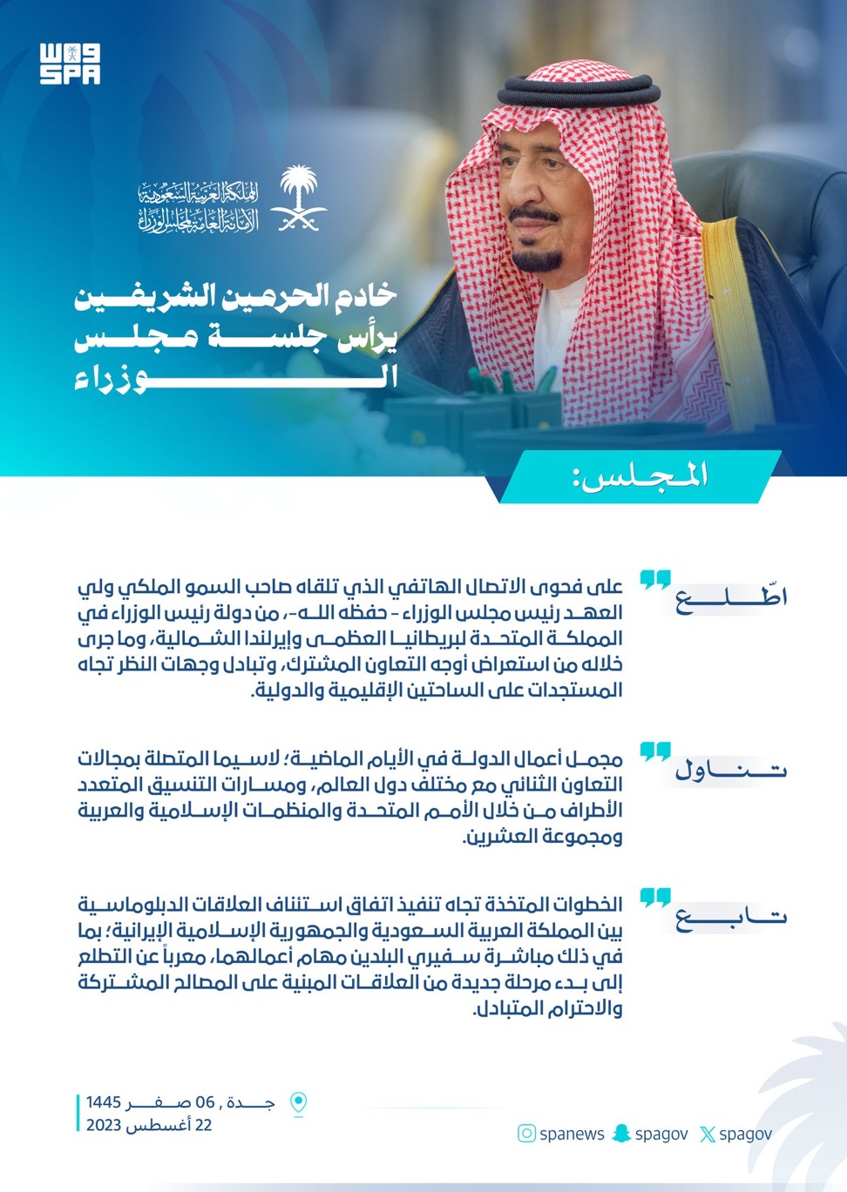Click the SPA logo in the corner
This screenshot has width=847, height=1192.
[x=70, y=64]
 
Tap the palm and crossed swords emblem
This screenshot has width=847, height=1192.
[x=298, y=199]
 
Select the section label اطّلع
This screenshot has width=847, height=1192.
[x=731, y=598]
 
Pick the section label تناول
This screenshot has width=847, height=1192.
[x=731, y=770]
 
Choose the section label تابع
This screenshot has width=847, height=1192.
[x=731, y=917]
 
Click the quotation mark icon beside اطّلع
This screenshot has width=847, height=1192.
[x=655, y=581]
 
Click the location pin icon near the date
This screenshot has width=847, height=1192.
[x=298, y=1103]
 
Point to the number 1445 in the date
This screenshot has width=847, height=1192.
[x=104, y=1102]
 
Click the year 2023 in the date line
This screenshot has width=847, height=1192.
[x=104, y=1125]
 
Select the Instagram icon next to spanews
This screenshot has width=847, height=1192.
[x=526, y=1133]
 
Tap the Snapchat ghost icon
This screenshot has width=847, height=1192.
[x=621, y=1133]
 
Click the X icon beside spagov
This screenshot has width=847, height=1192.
[x=708, y=1134]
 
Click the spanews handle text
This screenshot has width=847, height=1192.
[x=572, y=1134]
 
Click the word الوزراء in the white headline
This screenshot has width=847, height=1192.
[x=235, y=378]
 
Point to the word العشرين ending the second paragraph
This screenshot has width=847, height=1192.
[x=498, y=837]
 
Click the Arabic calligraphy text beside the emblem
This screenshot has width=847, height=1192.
[x=198, y=207]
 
